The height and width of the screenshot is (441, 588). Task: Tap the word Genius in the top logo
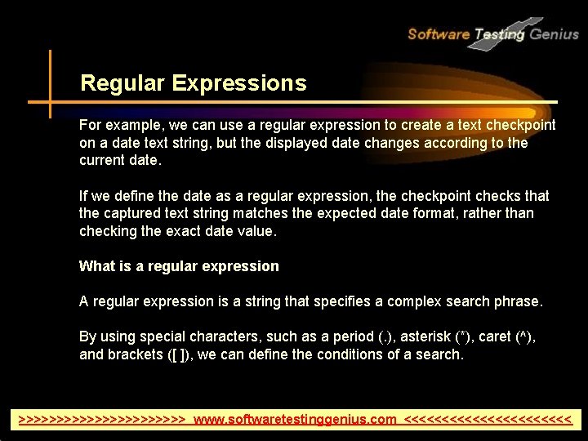[555, 33]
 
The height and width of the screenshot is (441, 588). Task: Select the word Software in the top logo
[438, 33]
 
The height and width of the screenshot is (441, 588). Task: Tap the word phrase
[518, 301]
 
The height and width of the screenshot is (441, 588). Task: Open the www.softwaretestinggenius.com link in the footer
[295, 420]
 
